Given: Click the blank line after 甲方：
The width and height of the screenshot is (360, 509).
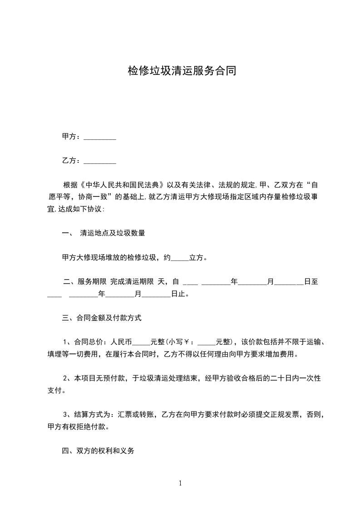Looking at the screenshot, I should pyautogui.click(x=100, y=137).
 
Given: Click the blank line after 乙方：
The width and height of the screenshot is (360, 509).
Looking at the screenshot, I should pyautogui.click(x=100, y=161).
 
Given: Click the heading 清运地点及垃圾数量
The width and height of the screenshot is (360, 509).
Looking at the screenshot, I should pyautogui.click(x=112, y=234).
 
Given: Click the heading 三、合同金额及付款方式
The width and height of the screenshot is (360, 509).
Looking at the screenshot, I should pyautogui.click(x=102, y=318).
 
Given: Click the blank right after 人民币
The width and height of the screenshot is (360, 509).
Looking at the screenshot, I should pyautogui.click(x=142, y=343).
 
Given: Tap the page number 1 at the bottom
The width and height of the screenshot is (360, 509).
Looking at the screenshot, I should pyautogui.click(x=180, y=483).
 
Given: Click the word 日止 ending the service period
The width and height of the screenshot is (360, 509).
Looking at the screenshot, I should pyautogui.click(x=178, y=294).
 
